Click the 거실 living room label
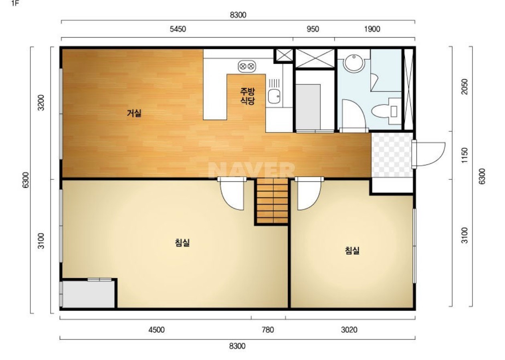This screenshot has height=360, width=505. point(134,113)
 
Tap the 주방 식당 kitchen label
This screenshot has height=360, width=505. point(247,96)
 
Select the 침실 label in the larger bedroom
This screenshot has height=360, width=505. point(182,243)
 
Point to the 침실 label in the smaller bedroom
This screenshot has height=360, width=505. point(352,250)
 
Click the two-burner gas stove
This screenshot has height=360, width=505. point(247,66)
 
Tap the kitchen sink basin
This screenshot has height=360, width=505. point(274,96)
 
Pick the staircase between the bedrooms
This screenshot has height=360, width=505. point(273,201)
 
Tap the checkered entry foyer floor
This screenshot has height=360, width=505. point(392,155)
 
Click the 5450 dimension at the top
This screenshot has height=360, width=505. point(178,29)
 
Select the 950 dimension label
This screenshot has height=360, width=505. point(313,29)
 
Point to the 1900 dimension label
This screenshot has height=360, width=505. point(372,29)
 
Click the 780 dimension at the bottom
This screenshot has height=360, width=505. point(268,330)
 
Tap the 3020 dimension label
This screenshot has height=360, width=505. point(349,330)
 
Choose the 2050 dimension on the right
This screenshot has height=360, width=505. point(465,86)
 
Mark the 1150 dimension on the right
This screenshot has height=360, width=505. point(465,155)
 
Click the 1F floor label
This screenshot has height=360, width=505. point(15,4)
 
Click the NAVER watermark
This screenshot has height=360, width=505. point(252,170)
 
